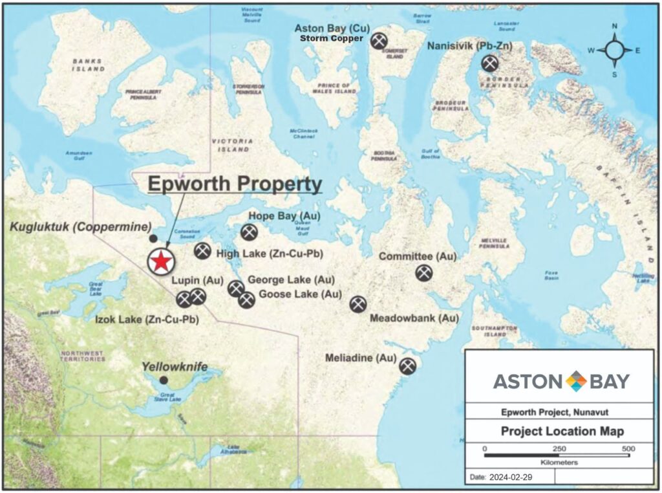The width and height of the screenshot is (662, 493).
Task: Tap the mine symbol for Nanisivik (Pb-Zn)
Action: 489,63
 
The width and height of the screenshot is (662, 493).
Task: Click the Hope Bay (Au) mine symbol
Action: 248,232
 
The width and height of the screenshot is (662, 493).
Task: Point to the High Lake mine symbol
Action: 202,251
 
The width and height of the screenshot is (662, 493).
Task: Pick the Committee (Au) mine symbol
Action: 424,272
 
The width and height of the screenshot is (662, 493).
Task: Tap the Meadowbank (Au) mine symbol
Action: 358,303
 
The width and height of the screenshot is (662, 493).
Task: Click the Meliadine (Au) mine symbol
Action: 407,366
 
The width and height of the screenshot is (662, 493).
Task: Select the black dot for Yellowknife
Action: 164,380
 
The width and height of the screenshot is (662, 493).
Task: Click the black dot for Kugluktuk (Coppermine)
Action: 153,239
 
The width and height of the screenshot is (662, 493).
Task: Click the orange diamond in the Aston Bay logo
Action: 575,381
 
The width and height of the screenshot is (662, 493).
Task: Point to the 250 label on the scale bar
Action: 559,449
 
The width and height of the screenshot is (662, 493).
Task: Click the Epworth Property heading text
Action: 234,184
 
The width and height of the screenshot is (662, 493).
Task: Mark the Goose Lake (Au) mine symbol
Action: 246,300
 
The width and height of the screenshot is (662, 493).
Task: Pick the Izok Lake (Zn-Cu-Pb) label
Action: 147,319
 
